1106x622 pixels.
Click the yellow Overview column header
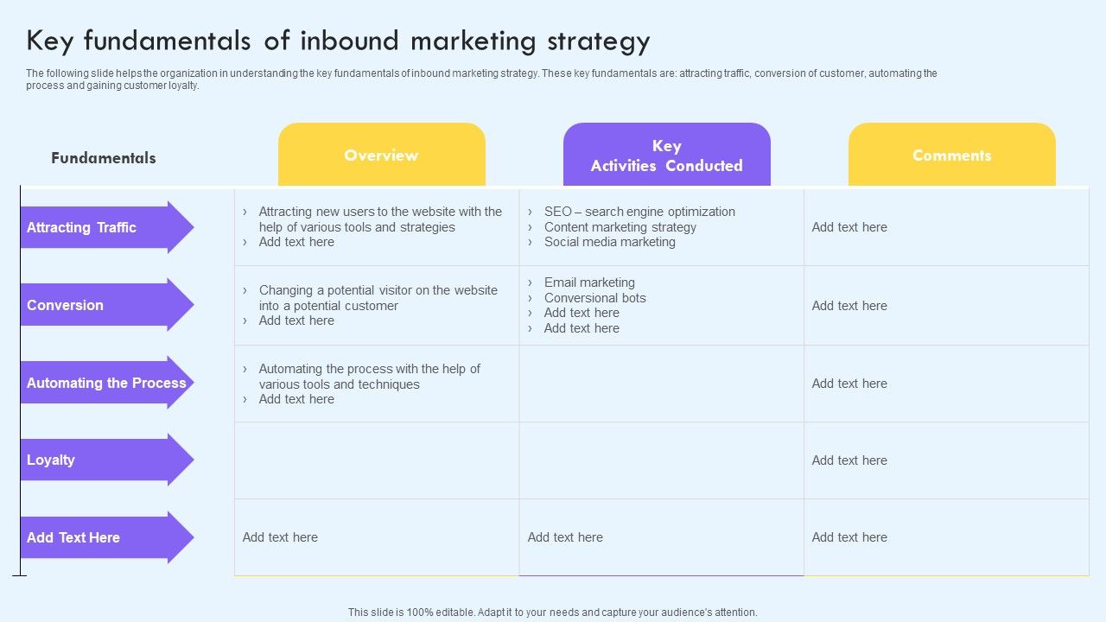point(381,155)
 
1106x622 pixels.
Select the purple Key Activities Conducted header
point(666,155)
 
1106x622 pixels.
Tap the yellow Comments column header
point(951,155)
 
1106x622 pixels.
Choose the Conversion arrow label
point(65,305)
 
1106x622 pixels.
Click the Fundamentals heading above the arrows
point(104,158)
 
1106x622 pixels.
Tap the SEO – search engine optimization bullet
point(639,212)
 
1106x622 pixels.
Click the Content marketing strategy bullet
point(620,227)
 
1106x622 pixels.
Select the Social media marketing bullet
point(609,242)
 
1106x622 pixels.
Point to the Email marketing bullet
point(589,282)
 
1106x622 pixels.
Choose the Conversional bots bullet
point(594,298)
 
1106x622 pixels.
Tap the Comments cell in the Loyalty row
point(946,460)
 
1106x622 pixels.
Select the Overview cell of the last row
point(376,537)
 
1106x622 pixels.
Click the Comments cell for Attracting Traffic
point(946,227)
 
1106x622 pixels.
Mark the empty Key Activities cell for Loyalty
point(661,460)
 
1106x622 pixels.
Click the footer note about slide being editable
point(552,612)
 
